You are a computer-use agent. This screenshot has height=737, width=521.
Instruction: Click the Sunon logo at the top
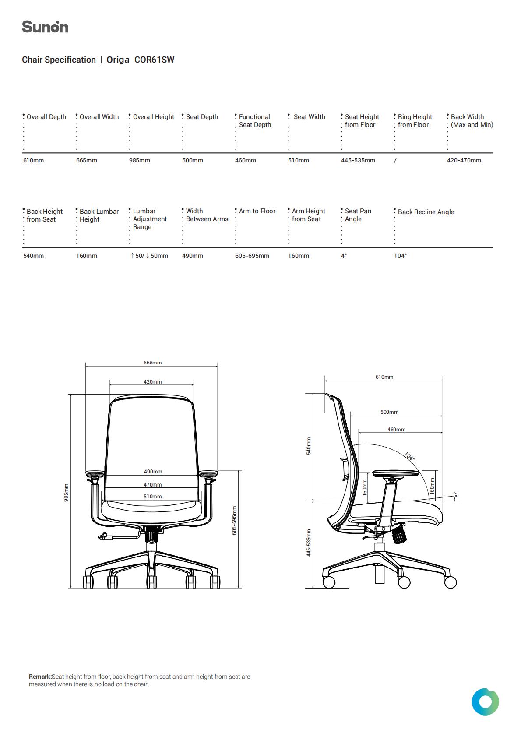pos(45,27)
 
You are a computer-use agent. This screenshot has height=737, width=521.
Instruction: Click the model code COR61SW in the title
pos(154,60)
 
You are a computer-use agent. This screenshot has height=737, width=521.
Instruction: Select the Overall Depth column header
pos(46,117)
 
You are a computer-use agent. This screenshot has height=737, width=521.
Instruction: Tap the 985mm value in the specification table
pos(140,161)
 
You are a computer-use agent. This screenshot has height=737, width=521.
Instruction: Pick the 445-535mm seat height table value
pos(358,161)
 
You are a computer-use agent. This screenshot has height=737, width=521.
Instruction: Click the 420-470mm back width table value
pos(464,161)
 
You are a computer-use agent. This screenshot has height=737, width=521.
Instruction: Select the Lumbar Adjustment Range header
pos(150,219)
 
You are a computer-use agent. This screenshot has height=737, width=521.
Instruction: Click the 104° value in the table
pos(400,256)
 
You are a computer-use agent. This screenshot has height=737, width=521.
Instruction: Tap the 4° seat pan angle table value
pos(344,256)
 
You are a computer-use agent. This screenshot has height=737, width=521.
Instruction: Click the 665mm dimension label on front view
pos(153,363)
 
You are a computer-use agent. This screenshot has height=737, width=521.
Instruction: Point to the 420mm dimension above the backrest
pos(153,382)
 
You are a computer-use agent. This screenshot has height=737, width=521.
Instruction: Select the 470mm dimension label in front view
pos(153,485)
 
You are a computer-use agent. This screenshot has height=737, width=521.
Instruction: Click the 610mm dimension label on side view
pos(384,377)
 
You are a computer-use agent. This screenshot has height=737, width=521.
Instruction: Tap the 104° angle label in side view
pos(409,456)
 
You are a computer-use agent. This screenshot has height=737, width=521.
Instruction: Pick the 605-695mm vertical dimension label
pos(234,521)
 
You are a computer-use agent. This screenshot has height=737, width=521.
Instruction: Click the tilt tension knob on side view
pos(399,535)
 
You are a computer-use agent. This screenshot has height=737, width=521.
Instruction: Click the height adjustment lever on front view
pos(118,536)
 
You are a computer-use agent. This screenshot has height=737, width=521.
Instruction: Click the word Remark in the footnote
pos(40,677)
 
